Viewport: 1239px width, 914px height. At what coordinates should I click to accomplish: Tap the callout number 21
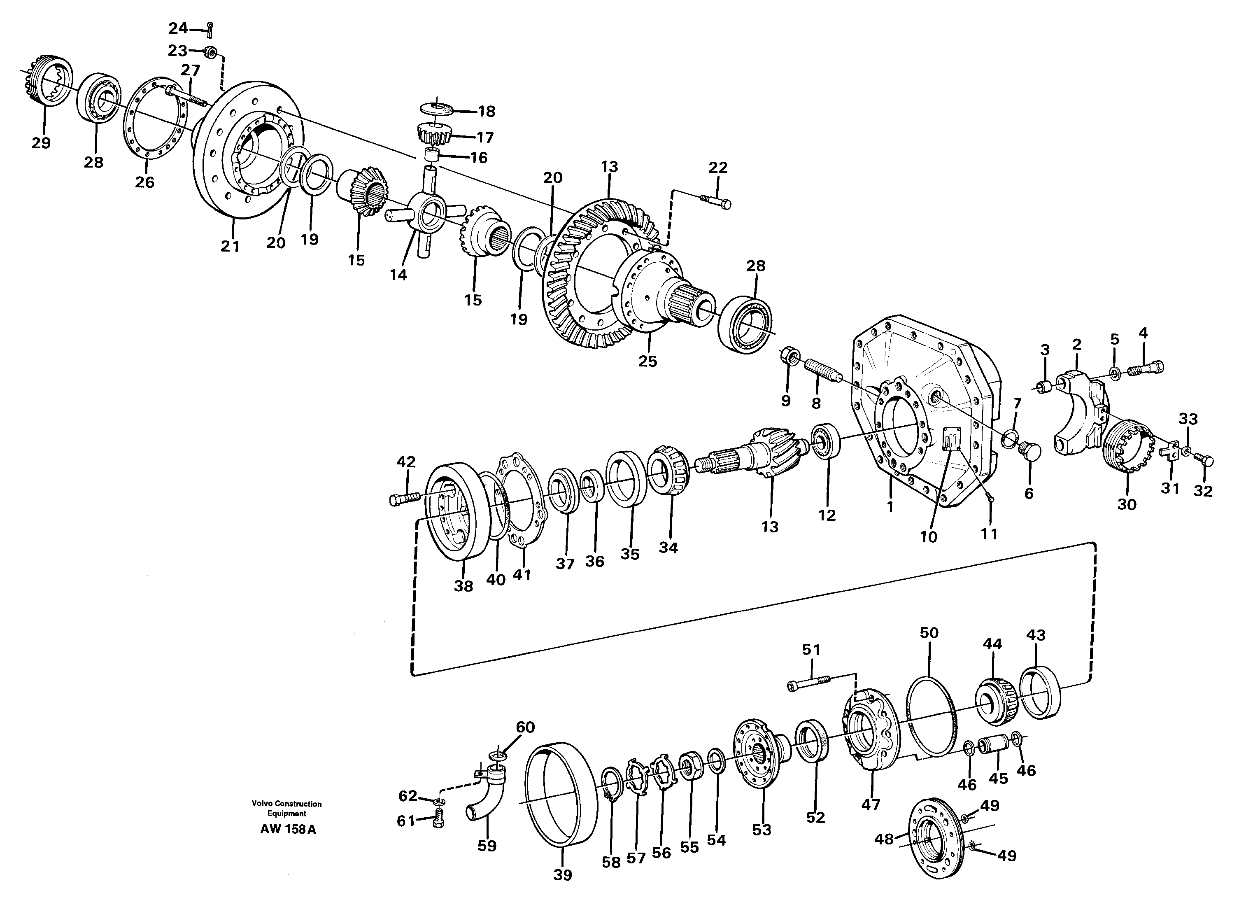[230, 246]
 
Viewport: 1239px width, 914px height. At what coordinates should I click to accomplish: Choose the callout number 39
[563, 875]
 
